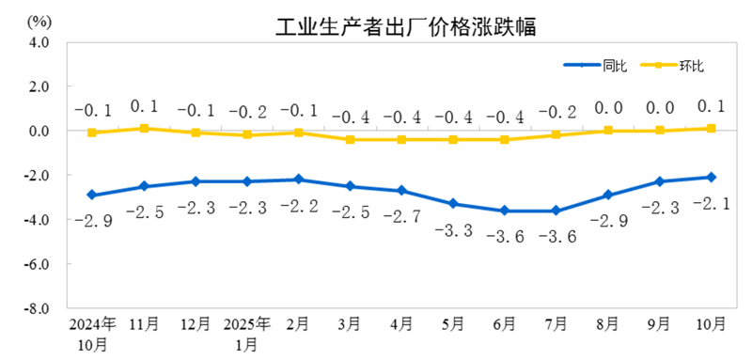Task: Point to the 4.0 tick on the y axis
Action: click(39, 42)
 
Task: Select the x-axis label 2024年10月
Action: click(92, 334)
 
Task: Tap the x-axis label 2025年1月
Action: click(246, 334)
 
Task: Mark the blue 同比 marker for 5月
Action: click(453, 203)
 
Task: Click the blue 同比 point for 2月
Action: click(298, 180)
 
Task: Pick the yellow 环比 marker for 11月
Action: click(144, 128)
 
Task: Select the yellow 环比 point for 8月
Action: click(608, 131)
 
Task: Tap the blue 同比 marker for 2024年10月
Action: click(92, 195)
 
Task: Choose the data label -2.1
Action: click(712, 203)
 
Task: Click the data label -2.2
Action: click(298, 206)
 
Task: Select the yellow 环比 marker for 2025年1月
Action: click(246, 134)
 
